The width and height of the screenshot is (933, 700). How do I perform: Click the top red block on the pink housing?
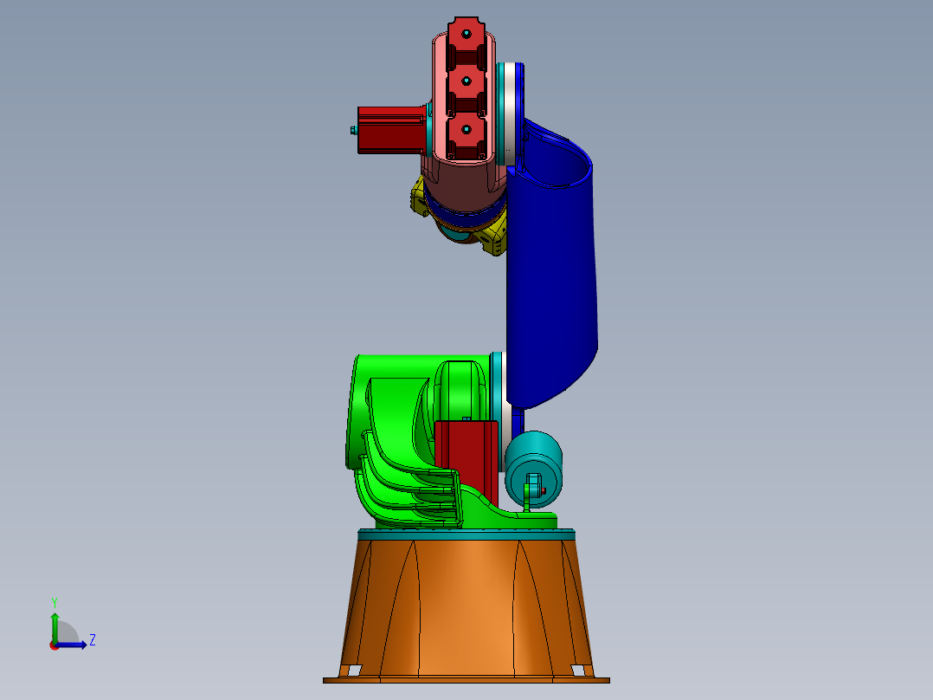pos(466,35)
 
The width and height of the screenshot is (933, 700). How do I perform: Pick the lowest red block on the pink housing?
pos(466,132)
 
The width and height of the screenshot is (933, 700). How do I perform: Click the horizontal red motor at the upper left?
pos(391,129)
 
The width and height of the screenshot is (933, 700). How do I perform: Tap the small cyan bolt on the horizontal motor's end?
pos(353,130)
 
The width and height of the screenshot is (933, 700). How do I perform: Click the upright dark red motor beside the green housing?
pos(466,455)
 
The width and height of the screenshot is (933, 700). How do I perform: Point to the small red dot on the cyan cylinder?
pos(544,490)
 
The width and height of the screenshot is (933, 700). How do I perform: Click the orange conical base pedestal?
pos(467,606)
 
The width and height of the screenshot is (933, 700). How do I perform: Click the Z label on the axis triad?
pos(92,640)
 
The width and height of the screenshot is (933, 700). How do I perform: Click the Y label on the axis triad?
pos(54,601)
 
